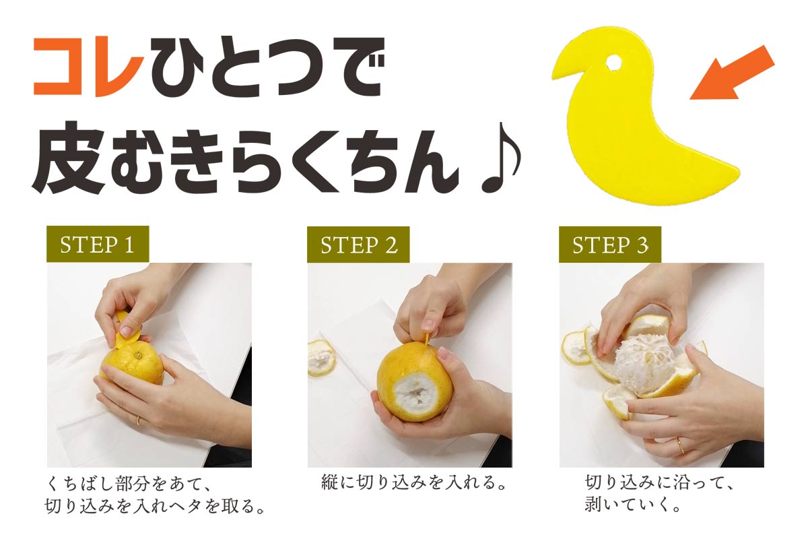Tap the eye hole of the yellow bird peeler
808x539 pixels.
(613, 63)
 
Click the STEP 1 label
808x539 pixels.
(98, 245)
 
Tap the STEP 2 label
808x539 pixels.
(358, 245)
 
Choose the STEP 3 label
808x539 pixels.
(610, 245)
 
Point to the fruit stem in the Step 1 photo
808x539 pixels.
(137, 356)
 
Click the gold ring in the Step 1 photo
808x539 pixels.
(138, 420)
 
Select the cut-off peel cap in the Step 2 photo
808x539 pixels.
(321, 358)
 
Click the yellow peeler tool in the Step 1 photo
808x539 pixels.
(127, 331)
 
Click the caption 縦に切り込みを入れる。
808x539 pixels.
(413, 483)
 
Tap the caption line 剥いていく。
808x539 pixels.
(632, 505)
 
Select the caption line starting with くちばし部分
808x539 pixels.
(128, 484)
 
